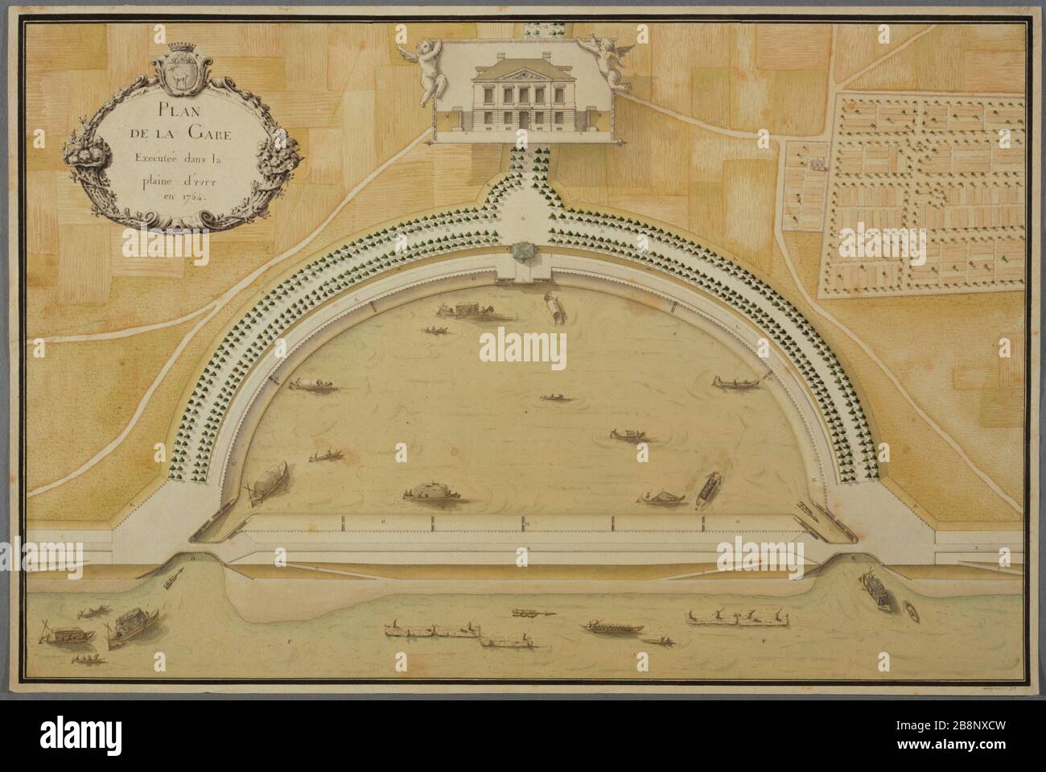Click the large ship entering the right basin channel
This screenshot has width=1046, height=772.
(871, 592)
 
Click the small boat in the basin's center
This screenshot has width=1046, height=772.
(553, 397)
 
